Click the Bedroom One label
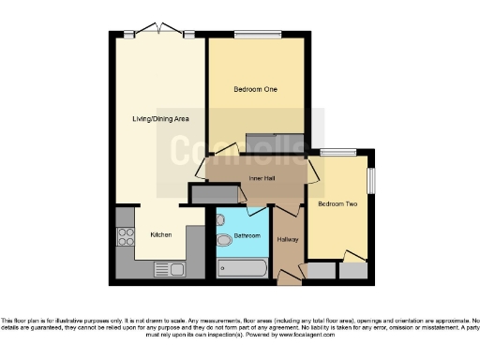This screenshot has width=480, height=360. tap(255, 90)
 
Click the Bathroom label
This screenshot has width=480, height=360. tap(247, 235)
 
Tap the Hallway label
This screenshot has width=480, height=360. tap(288, 240)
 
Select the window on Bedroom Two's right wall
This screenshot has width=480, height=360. tap(371, 180)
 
